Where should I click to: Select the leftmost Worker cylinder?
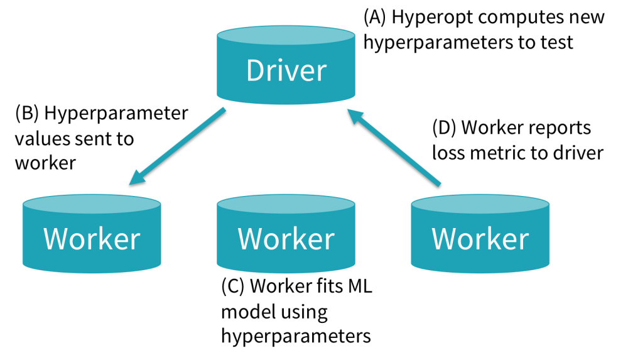coord(92,237)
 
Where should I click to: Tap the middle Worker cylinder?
coord(286,237)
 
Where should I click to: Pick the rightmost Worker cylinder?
coord(480,237)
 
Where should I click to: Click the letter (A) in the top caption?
coord(375,17)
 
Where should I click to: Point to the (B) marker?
coord(27,113)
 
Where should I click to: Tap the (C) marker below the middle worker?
coord(233,286)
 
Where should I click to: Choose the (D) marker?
coord(445,128)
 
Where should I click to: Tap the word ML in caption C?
coord(360,286)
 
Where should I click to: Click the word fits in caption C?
coord(327,286)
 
